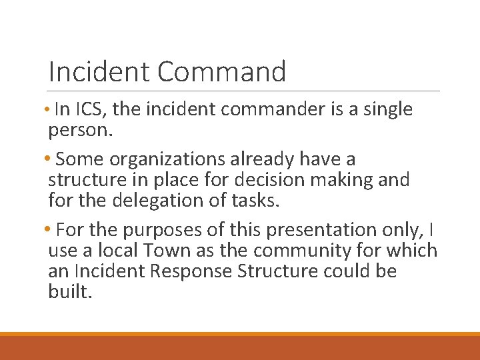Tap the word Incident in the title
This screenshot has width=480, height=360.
93,71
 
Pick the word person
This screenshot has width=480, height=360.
79,130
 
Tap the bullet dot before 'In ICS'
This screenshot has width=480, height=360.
51,109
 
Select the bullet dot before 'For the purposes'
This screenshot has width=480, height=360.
51,230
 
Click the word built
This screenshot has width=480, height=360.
68,291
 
